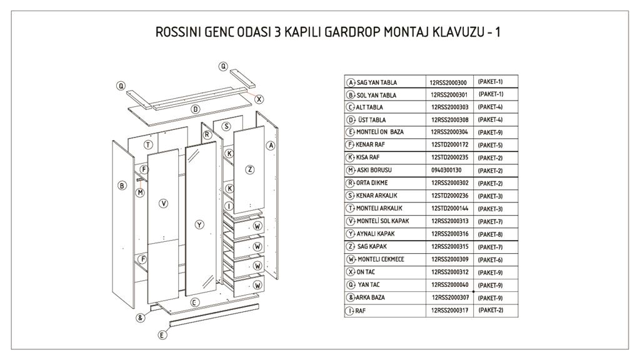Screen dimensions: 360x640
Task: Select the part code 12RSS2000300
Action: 449,82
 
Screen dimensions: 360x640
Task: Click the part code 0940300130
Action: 446,170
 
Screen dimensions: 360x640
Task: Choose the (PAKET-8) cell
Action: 490,234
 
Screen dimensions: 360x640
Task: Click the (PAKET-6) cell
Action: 490,259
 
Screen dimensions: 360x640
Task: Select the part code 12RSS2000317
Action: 449,310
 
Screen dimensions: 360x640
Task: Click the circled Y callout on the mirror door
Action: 199,224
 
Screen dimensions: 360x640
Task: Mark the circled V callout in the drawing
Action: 163,203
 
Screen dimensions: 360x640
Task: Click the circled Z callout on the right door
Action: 249,169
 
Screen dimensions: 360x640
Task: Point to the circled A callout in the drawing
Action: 271,146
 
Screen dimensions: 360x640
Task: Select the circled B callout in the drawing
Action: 122,185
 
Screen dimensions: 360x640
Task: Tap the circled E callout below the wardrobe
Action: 162,335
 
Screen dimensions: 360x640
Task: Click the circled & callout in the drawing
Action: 141,317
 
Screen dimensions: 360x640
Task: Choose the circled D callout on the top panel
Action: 196,109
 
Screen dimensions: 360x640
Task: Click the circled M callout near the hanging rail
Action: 141,192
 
